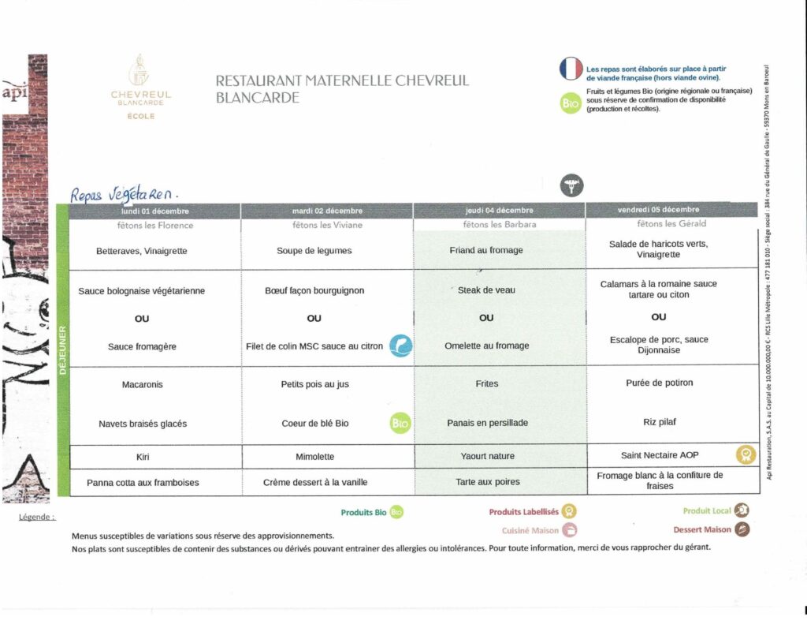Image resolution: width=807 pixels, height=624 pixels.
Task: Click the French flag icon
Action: click(571, 69)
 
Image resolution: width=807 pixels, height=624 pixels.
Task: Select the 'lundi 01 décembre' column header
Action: click(155, 211)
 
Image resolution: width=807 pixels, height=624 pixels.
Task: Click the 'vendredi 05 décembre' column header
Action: click(658, 210)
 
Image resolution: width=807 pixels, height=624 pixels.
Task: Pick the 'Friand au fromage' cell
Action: click(486, 251)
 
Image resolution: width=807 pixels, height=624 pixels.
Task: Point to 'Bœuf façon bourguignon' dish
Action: click(314, 290)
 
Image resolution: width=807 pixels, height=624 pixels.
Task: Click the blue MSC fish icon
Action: click(401, 346)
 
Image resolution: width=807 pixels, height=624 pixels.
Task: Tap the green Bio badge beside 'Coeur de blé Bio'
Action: click(400, 424)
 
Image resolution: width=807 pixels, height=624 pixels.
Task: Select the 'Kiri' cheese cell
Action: click(142, 457)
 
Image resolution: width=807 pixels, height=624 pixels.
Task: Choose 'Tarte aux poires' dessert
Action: click(486, 481)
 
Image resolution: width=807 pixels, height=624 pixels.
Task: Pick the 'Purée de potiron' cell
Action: click(658, 383)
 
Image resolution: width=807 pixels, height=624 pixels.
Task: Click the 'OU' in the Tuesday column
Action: click(314, 319)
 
